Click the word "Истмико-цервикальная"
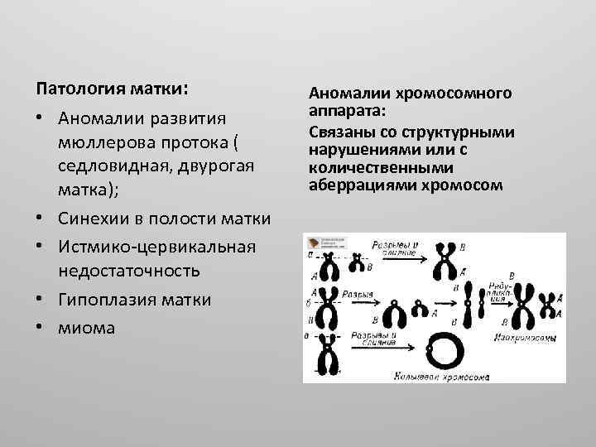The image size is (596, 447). click(156, 247)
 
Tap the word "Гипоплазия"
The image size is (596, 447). click(107, 299)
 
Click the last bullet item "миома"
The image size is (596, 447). click(87, 327)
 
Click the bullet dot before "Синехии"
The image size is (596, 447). click(40, 219)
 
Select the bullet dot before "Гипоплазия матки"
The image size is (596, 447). click(40, 299)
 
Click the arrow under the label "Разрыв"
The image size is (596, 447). click(369, 304)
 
